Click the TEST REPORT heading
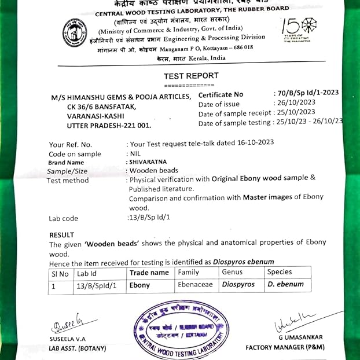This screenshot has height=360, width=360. (x=191, y=76)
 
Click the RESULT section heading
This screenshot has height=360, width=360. (x=61, y=235)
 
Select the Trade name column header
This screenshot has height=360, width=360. (x=149, y=273)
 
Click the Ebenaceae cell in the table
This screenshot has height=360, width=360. (x=196, y=285)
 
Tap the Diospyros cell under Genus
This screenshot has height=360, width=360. (x=238, y=285)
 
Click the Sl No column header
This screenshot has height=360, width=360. (x=60, y=273)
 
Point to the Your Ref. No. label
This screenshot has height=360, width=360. (x=71, y=145)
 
